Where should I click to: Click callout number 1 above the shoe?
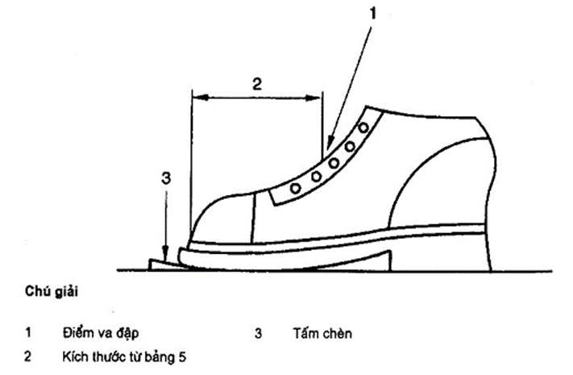(x=372, y=15)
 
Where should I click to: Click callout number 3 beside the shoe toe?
(x=164, y=179)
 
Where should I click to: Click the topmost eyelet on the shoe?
(x=364, y=127)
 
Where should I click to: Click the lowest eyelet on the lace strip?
(x=297, y=187)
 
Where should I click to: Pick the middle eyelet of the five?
(x=333, y=162)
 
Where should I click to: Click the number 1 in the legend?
(x=27, y=332)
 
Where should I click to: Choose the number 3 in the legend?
(x=259, y=332)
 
